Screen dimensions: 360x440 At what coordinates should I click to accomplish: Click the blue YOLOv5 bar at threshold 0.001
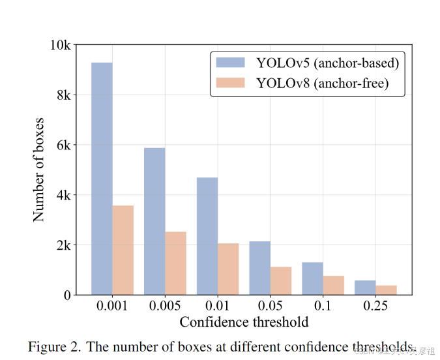[102, 179]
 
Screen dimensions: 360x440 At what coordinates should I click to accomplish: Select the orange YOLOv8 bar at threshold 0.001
[123, 250]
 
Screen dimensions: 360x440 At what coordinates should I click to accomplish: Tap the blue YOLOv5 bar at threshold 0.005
[154, 221]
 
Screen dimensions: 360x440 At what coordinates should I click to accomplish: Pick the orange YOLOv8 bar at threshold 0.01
[228, 269]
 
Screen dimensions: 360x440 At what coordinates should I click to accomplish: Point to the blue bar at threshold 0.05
[259, 268]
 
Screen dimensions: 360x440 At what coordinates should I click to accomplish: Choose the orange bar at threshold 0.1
[333, 285]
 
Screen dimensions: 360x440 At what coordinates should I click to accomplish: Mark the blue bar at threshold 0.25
[365, 288]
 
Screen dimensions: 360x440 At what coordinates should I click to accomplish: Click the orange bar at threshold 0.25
[386, 290]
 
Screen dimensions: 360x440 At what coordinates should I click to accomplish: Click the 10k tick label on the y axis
[60, 45]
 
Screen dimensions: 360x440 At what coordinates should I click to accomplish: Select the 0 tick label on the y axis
[66, 295]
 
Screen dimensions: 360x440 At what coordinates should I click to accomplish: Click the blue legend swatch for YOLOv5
[231, 63]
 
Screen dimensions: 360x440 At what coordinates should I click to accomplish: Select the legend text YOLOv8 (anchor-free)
[322, 83]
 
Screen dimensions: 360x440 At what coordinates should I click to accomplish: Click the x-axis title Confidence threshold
[244, 322]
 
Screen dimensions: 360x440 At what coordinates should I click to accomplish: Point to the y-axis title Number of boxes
[39, 170]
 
